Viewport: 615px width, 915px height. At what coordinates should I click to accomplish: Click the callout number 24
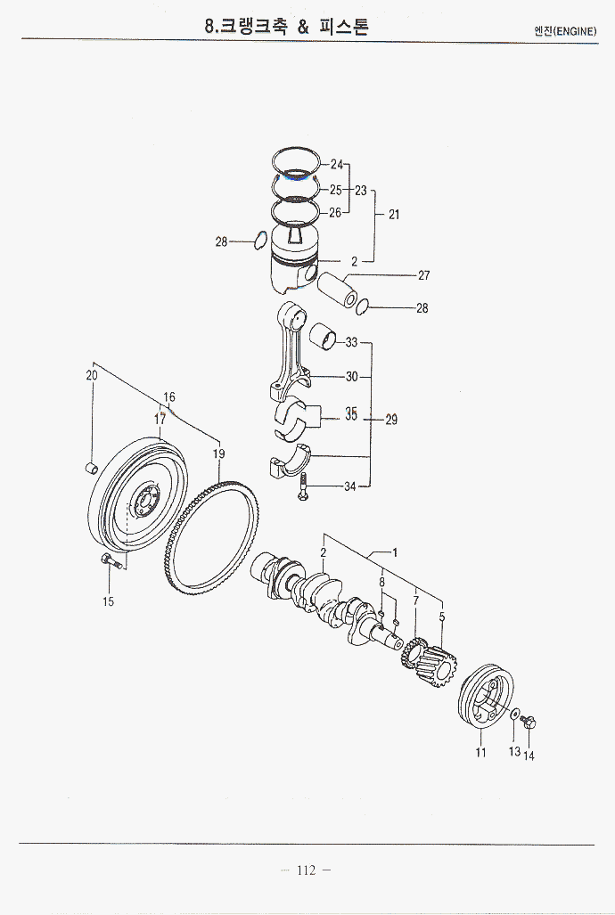click(x=336, y=165)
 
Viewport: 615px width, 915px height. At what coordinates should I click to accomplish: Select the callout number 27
click(x=424, y=275)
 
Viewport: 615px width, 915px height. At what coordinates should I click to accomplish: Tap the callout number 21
click(x=394, y=215)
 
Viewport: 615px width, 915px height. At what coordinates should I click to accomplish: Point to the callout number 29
click(x=391, y=421)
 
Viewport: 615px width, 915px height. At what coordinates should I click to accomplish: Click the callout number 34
click(x=350, y=486)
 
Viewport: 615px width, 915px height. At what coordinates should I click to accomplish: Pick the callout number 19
click(x=218, y=454)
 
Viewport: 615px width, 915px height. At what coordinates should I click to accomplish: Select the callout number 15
click(x=108, y=601)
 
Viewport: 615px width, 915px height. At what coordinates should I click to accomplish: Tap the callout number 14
click(x=529, y=756)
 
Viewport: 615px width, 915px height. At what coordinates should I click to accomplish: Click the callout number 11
click(x=480, y=753)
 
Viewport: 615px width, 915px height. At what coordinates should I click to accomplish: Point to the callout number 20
click(x=91, y=376)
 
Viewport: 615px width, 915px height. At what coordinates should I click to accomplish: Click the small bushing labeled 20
click(x=90, y=468)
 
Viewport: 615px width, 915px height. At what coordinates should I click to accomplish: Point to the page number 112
click(x=306, y=870)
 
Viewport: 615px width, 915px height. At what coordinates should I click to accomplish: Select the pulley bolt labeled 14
click(x=528, y=722)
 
